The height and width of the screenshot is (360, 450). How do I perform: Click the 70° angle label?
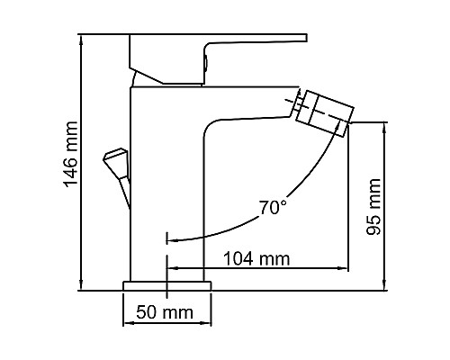tap(274, 207)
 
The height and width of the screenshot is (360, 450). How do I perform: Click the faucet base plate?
tap(167, 285)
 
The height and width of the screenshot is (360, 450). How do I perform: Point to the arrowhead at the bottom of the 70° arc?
tap(174, 240)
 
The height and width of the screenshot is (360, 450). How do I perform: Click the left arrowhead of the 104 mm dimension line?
tap(173, 268)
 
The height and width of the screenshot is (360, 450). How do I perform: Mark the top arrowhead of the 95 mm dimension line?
tap(385, 127)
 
